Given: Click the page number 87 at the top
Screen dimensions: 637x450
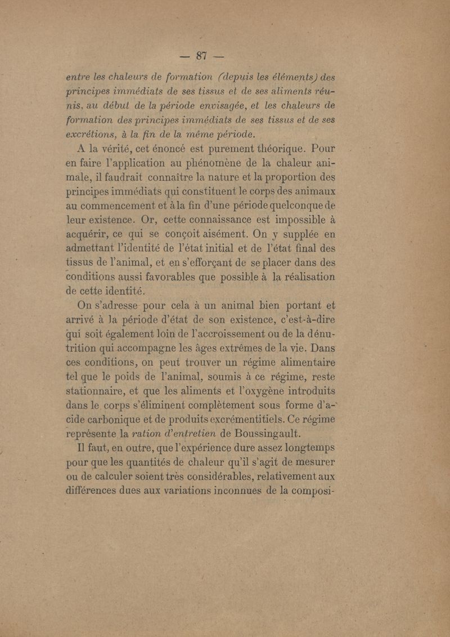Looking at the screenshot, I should (x=202, y=55).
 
